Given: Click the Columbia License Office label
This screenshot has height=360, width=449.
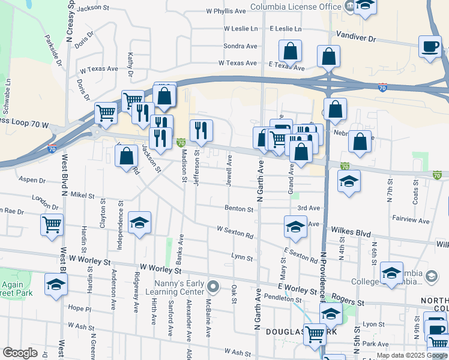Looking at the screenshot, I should pyautogui.click(x=295, y=7).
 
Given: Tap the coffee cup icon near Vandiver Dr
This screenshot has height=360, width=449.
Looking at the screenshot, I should pyautogui.click(x=430, y=47).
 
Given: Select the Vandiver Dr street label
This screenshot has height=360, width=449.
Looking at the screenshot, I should pyautogui.click(x=355, y=37).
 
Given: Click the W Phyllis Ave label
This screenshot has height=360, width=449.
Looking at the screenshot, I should pyautogui.click(x=226, y=11).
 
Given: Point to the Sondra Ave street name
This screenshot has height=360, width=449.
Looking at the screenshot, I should pyautogui.click(x=240, y=46).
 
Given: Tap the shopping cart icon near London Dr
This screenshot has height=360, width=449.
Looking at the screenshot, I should pyautogui.click(x=52, y=225).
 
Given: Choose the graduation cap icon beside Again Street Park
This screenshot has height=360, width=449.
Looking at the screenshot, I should pyautogui.click(x=56, y=284).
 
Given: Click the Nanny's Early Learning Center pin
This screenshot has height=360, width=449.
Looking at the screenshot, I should pyautogui.click(x=211, y=285).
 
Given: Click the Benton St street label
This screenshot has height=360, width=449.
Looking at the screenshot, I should pyautogui.click(x=239, y=209).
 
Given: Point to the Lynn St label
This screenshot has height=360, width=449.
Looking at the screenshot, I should pyautogui.click(x=242, y=257).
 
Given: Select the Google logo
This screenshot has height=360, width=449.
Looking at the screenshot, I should pyautogui.click(x=20, y=353).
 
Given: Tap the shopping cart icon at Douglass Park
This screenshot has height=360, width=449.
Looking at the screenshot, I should pyautogui.click(x=315, y=334).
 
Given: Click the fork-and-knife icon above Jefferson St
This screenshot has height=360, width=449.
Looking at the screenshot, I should pyautogui.click(x=201, y=130).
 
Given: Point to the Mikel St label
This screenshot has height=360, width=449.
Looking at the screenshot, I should pyautogui.click(x=82, y=196).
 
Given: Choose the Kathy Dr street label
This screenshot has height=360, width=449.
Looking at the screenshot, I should pyautogui.click(x=130, y=64).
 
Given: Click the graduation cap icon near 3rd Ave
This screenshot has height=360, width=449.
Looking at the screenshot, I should pyautogui.click(x=295, y=227).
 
